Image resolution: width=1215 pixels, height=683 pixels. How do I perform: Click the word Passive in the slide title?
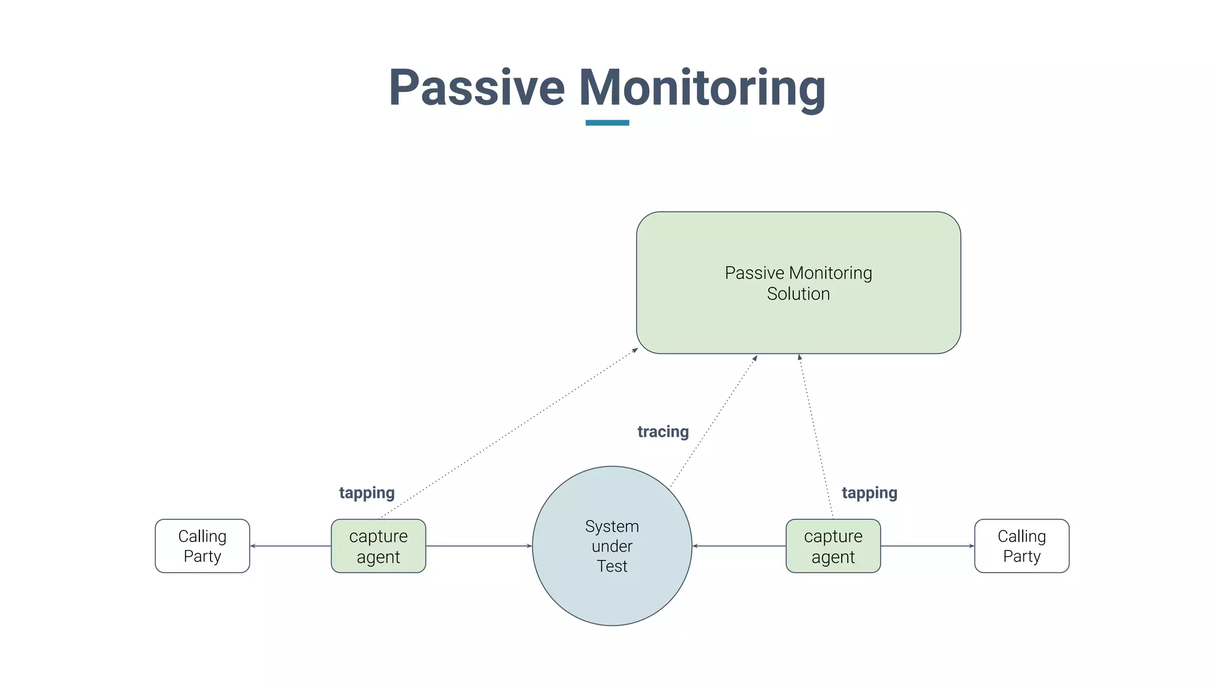click(x=476, y=88)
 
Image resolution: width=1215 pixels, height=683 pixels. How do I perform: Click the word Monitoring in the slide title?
click(x=702, y=88)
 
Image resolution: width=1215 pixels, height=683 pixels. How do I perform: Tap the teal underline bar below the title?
click(x=607, y=123)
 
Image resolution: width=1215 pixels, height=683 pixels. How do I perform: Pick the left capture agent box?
click(x=378, y=546)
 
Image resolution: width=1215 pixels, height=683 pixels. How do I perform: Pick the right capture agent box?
click(x=833, y=546)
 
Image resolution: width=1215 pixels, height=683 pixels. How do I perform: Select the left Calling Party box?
click(x=202, y=546)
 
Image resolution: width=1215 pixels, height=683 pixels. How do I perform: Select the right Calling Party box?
click(x=1022, y=546)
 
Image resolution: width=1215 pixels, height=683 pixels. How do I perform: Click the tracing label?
click(x=663, y=432)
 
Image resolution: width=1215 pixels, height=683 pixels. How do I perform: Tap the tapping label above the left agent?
click(x=367, y=493)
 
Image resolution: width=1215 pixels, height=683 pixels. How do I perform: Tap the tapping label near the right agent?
click(x=869, y=493)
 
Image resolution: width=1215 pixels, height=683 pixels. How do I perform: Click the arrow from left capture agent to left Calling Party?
click(x=291, y=546)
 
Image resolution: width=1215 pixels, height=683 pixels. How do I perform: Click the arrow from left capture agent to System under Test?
click(x=479, y=546)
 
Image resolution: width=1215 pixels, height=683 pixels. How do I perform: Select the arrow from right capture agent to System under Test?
click(x=739, y=546)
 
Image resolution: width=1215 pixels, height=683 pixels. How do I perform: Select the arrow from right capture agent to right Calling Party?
click(x=927, y=546)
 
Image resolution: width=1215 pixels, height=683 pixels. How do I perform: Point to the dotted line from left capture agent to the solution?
click(x=509, y=434)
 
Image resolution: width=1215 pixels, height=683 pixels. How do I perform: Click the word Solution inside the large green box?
click(x=798, y=294)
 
